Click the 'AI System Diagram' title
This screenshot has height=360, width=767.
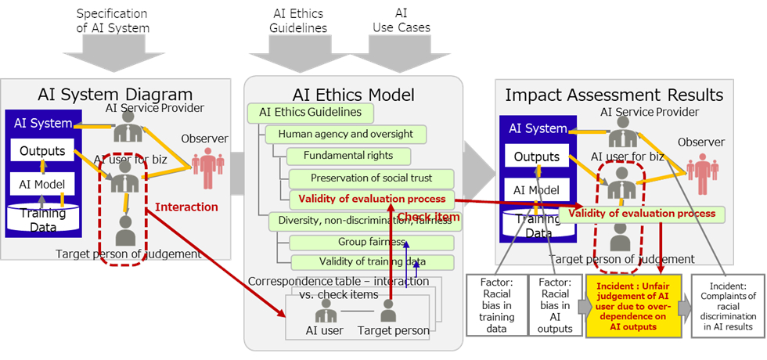pyautogui.click(x=115, y=95)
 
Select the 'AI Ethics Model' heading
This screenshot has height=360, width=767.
pyautogui.click(x=354, y=95)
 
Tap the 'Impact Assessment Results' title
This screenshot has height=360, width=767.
pyautogui.click(x=614, y=95)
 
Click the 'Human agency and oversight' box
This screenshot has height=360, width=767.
pyautogui.click(x=345, y=134)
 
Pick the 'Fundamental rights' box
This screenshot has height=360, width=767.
pyautogui.click(x=348, y=155)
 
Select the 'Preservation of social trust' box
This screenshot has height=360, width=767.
pyautogui.click(x=371, y=178)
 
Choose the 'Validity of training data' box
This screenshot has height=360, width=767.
pyautogui.click(x=373, y=261)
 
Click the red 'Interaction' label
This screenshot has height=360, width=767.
pyautogui.click(x=186, y=207)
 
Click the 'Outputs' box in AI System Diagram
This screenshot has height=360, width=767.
pyautogui.click(x=42, y=150)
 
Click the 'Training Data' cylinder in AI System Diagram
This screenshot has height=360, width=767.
pyautogui.click(x=42, y=218)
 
